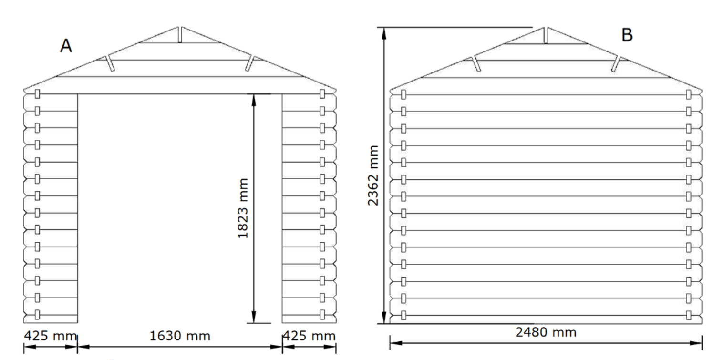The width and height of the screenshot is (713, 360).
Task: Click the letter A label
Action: click(x=66, y=46)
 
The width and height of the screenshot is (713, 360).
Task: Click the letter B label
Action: click(x=627, y=35)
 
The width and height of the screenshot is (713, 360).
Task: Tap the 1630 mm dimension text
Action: click(x=180, y=336)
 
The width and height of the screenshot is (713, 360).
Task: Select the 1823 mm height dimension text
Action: click(x=243, y=208)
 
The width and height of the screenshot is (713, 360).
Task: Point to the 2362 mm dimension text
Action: click(x=373, y=175)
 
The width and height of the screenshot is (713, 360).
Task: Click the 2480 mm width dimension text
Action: click(x=546, y=332)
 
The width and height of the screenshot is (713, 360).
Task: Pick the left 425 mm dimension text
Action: click(x=50, y=336)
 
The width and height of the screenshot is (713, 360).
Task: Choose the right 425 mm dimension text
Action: click(x=309, y=336)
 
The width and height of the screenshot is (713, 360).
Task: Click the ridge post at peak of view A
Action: click(x=180, y=35)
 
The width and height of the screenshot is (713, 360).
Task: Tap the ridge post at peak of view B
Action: click(x=546, y=35)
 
